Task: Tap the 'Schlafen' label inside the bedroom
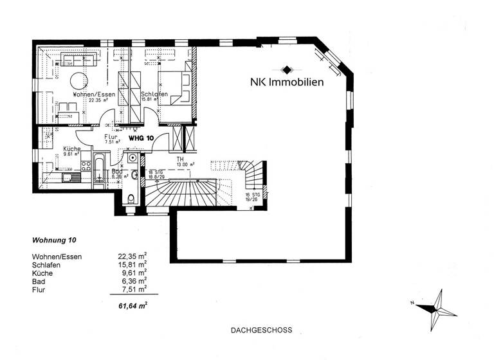click(154, 94)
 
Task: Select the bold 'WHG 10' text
click(141, 138)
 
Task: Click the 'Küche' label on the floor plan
click(71, 149)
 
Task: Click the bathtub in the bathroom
click(100, 168)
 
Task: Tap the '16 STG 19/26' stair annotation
click(251, 196)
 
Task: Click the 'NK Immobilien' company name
click(287, 82)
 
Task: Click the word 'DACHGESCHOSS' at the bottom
click(261, 330)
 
